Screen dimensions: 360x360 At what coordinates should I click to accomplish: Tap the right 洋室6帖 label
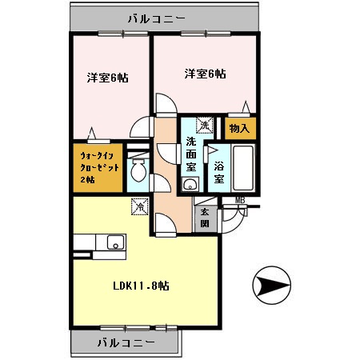(205, 74)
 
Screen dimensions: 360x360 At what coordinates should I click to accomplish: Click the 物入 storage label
(239, 128)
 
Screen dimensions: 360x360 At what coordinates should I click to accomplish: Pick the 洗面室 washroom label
(191, 155)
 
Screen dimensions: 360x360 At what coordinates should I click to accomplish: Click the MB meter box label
(240, 200)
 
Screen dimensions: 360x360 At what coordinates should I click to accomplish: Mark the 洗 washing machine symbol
(204, 125)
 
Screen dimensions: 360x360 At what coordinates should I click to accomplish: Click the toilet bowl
(138, 170)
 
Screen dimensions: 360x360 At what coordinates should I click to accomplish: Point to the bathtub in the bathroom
(243, 167)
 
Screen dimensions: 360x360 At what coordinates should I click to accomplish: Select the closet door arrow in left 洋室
(95, 134)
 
